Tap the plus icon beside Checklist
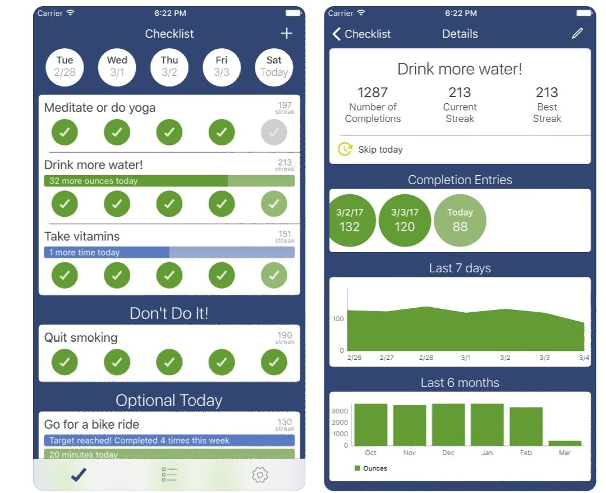286,34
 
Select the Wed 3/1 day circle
117,66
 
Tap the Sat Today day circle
274,66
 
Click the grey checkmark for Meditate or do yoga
274,133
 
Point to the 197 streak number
284,105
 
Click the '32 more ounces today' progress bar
169,181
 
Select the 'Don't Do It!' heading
169,313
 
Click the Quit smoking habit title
81,337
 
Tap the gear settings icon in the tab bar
260,476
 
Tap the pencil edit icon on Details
577,34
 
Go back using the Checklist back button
362,34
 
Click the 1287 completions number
373,92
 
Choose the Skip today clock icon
344,149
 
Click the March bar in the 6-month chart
565,442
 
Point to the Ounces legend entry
371,468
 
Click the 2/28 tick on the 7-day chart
425,357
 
